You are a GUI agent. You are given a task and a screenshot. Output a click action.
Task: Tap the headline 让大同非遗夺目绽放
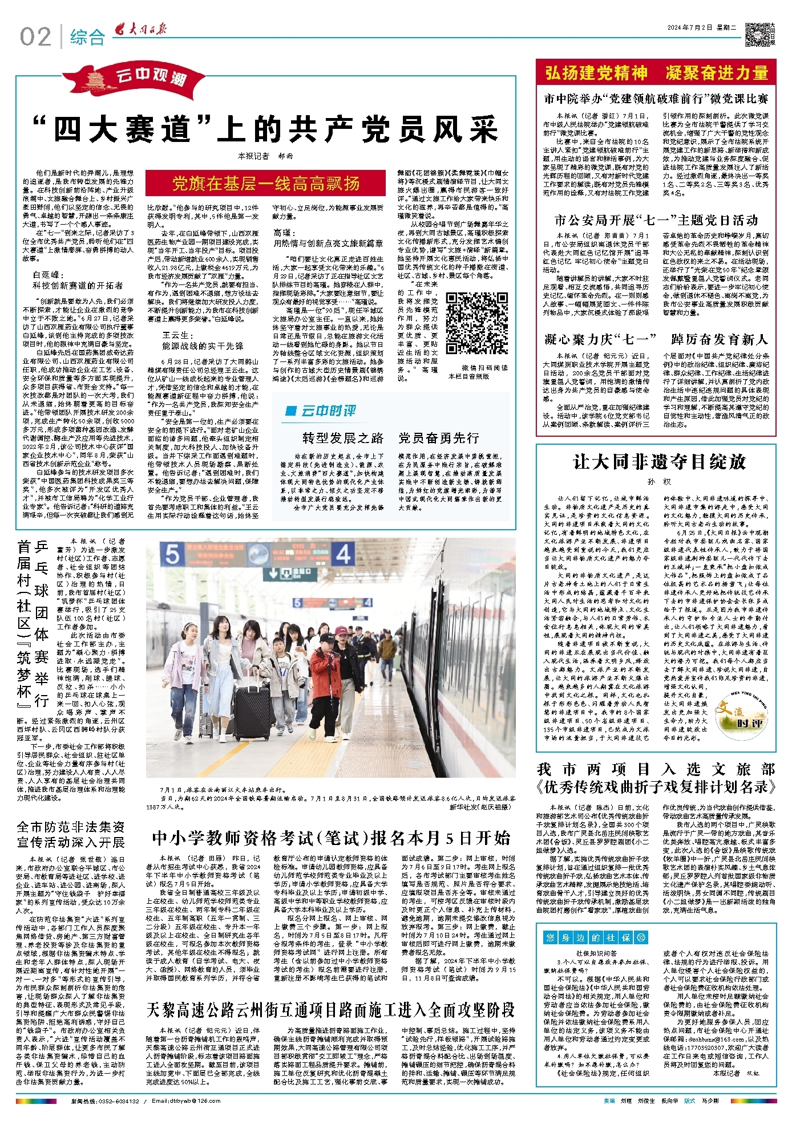pos(659,462)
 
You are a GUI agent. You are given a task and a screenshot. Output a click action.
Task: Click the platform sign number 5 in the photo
pos(173,554)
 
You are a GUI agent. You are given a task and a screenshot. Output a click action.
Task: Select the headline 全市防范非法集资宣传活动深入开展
pos(71,834)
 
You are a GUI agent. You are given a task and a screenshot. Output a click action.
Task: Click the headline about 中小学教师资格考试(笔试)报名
pos(331,838)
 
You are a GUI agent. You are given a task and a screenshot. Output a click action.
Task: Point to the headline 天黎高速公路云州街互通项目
pos(330,1010)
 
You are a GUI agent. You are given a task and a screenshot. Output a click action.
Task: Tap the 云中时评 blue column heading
pos(321,411)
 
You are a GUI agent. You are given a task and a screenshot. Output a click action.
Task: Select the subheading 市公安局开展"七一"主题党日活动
pos(656,221)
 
